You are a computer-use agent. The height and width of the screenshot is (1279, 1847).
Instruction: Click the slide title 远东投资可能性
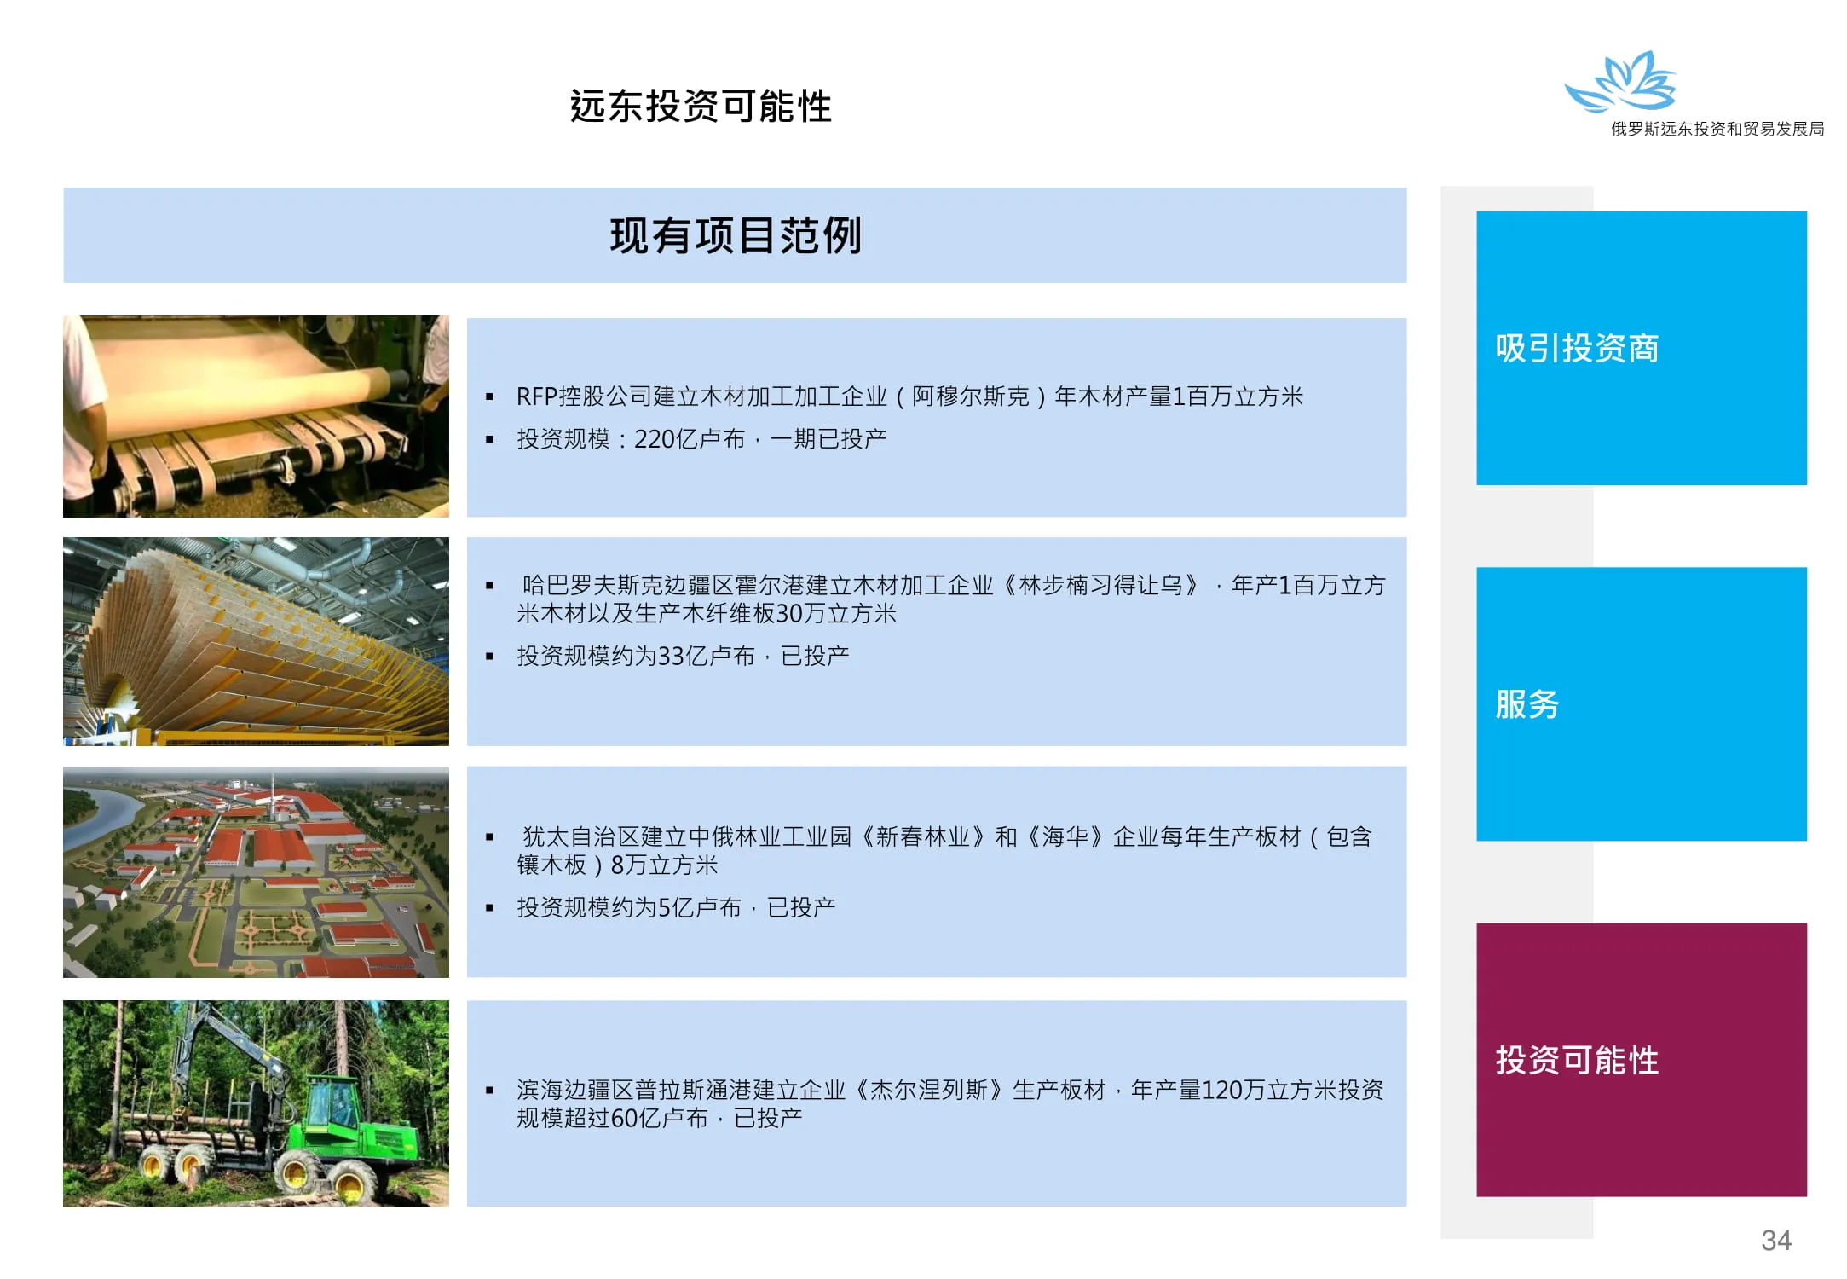tap(701, 107)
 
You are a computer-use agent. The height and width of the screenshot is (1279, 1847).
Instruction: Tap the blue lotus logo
tap(1621, 82)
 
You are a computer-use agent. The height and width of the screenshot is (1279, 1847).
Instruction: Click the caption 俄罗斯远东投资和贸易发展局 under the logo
tap(1717, 129)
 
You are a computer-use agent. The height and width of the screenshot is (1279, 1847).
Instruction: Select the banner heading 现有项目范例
tap(736, 235)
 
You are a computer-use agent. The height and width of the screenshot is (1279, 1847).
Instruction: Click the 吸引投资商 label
tap(1577, 348)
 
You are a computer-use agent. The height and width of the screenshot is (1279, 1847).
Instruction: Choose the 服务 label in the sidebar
tap(1527, 704)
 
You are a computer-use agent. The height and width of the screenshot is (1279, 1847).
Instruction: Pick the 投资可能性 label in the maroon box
tap(1577, 1060)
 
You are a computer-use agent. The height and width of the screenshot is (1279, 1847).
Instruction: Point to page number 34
tap(1776, 1240)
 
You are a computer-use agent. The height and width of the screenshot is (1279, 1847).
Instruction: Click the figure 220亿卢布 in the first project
tap(690, 439)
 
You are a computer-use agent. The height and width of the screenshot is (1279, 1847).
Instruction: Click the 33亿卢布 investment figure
tap(707, 656)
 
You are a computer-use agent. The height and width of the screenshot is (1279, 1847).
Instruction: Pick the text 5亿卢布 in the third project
tap(700, 907)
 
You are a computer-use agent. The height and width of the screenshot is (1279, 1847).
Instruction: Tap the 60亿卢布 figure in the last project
tap(660, 1118)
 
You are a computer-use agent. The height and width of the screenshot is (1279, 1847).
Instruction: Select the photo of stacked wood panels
tap(256, 641)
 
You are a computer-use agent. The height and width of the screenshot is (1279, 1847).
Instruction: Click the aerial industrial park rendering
tap(256, 871)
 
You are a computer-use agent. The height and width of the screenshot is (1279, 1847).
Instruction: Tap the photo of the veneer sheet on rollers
tap(256, 416)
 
